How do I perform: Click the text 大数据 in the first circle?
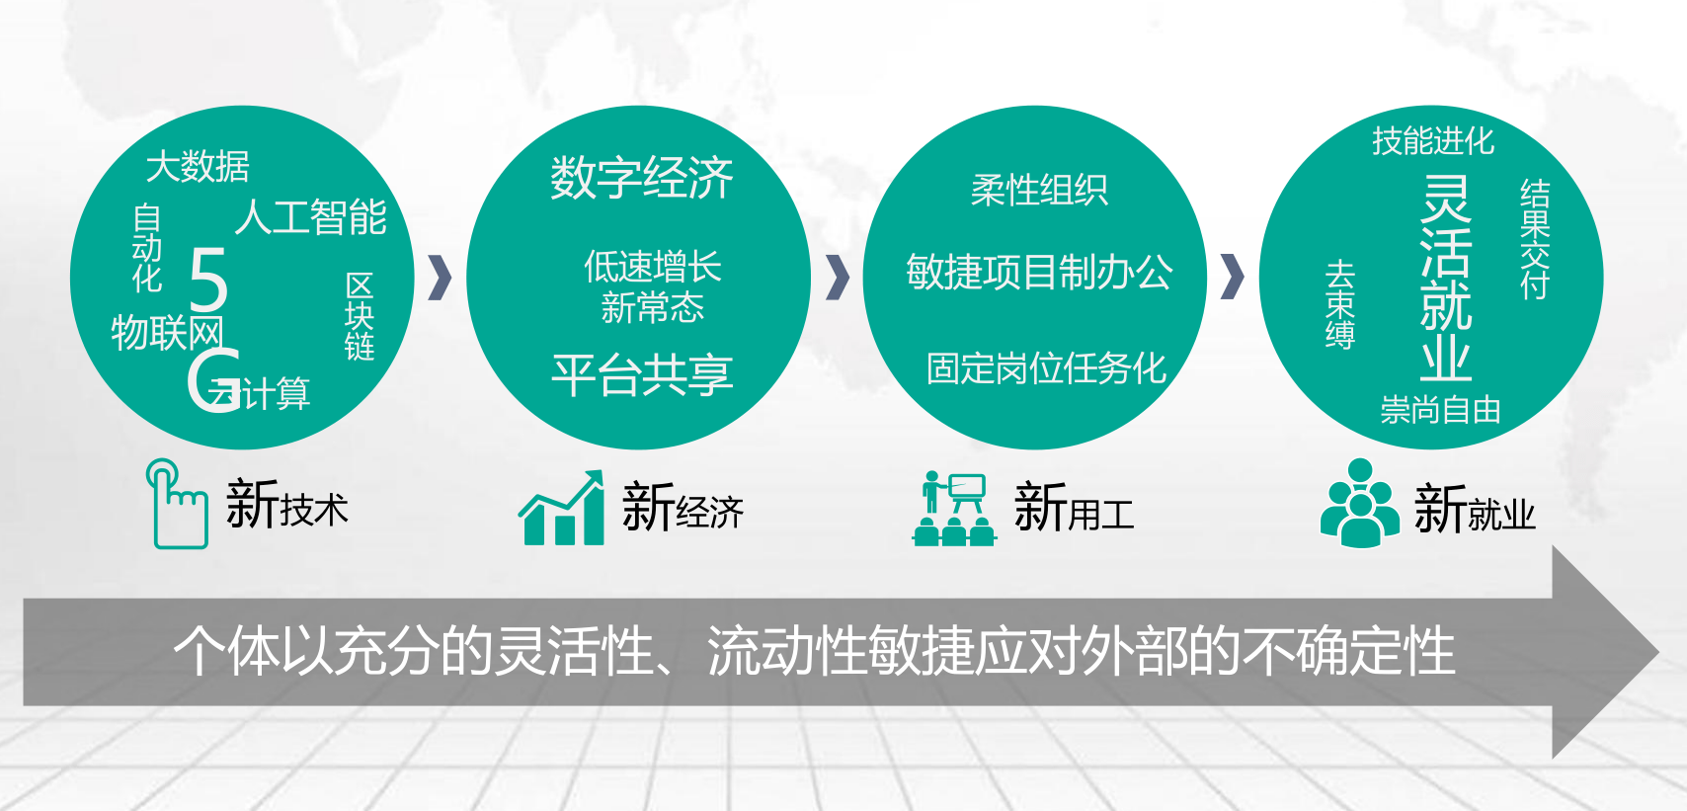click(198, 166)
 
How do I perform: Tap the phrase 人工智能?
click(311, 217)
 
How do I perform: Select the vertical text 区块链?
click(360, 316)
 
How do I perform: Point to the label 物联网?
click(167, 332)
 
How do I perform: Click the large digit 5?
click(208, 280)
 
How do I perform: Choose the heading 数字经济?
click(642, 178)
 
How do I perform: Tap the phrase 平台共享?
click(642, 374)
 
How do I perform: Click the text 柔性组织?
click(1039, 190)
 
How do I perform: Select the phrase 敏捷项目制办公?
click(1039, 272)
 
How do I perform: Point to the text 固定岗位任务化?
click(1046, 369)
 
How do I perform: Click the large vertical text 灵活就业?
click(1446, 278)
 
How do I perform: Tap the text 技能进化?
click(1433, 141)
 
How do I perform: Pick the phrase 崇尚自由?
click(1441, 410)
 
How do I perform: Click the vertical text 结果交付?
click(1535, 239)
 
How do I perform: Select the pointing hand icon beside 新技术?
click(178, 503)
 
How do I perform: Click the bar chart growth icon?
click(562, 508)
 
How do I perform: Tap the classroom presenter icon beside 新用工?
click(954, 509)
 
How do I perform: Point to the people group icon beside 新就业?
click(1360, 503)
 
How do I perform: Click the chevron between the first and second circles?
click(441, 278)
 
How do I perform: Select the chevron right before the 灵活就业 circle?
click(1232, 278)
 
